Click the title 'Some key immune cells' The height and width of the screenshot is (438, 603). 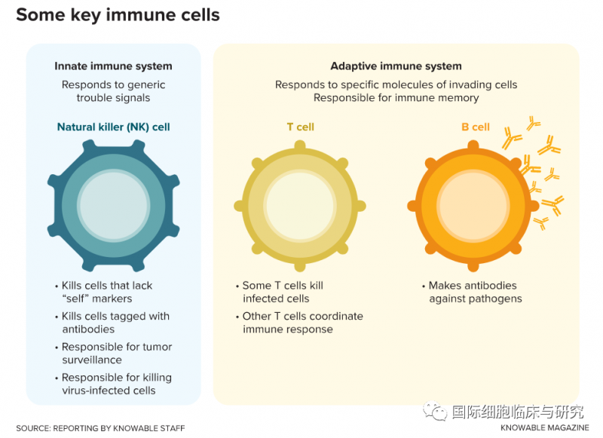click(x=118, y=15)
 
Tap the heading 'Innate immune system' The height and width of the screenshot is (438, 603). click(x=113, y=66)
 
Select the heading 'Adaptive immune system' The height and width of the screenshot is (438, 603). click(x=396, y=66)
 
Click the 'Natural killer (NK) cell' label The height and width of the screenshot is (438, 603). click(x=113, y=127)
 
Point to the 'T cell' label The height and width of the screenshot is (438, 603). click(x=300, y=127)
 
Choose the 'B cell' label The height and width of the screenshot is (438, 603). click(x=476, y=127)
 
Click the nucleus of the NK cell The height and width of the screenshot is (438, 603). click(x=113, y=206)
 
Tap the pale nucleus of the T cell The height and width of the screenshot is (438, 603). click(x=300, y=206)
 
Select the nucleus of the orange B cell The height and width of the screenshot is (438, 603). click(x=473, y=206)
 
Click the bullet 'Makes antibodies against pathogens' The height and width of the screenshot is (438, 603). click(x=474, y=292)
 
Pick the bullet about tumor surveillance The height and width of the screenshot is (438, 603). click(x=116, y=353)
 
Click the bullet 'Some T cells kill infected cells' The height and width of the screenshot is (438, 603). click(x=282, y=292)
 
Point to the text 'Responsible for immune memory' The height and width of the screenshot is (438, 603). click(x=396, y=98)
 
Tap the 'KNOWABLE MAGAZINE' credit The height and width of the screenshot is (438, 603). click(x=543, y=428)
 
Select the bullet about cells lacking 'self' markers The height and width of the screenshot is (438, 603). click(x=106, y=292)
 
